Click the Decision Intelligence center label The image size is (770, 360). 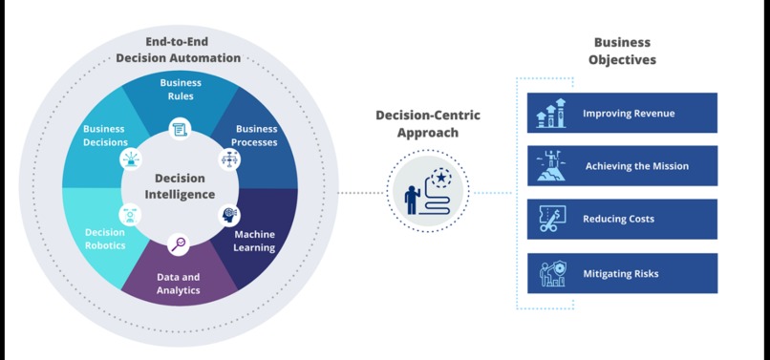pyautogui.click(x=180, y=186)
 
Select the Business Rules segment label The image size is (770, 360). pyautogui.click(x=180, y=90)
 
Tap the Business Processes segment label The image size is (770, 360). pyautogui.click(x=255, y=136)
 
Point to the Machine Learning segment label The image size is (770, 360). pyautogui.click(x=254, y=241)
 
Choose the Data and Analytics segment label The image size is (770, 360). pyautogui.click(x=179, y=284)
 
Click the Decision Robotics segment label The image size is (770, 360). pyautogui.click(x=105, y=239)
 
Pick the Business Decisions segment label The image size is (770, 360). pyautogui.click(x=104, y=136)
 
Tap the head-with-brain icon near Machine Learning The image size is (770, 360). pyautogui.click(x=229, y=215)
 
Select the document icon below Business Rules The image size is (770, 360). pyautogui.click(x=180, y=129)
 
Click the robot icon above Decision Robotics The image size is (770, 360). pyautogui.click(x=129, y=215)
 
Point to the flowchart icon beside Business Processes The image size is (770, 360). pyautogui.click(x=229, y=159)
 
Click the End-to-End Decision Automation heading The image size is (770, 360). pyautogui.click(x=179, y=51)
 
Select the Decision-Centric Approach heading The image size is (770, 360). pyautogui.click(x=427, y=124)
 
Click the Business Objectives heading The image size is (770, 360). pyautogui.click(x=622, y=51)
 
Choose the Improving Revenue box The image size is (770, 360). pyautogui.click(x=622, y=113)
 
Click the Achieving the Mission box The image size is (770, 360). pyautogui.click(x=622, y=166)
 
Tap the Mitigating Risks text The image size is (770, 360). pyautogui.click(x=620, y=274)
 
